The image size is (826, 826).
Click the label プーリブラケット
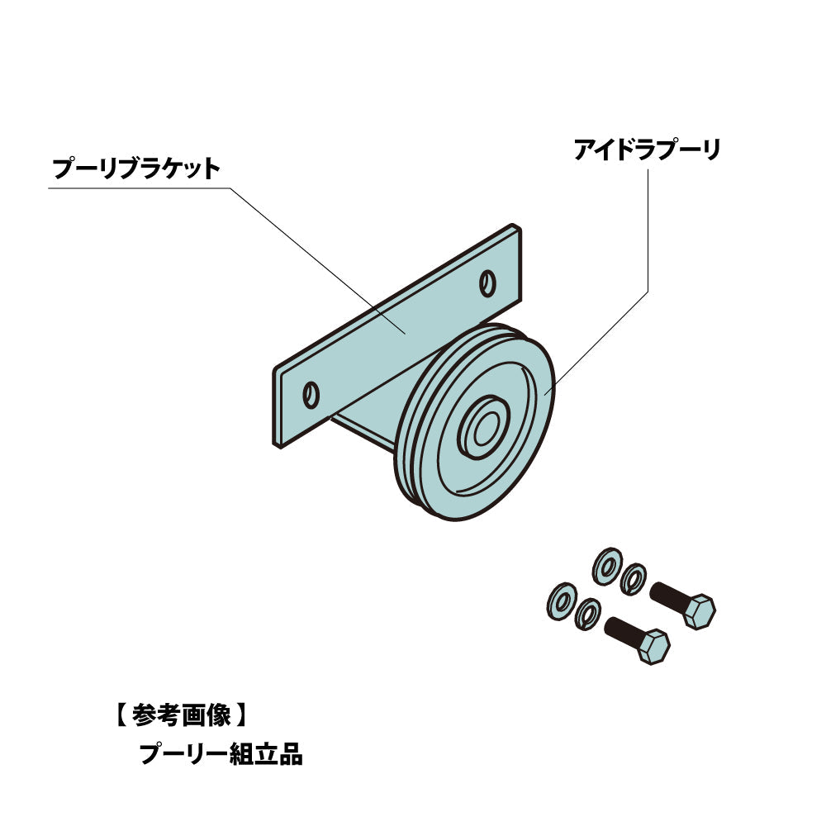[x=136, y=170]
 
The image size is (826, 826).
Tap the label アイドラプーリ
[x=647, y=150]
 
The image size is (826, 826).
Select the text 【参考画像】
[x=178, y=714]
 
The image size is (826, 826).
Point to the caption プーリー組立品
[x=221, y=753]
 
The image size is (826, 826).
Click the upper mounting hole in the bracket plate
[x=487, y=282]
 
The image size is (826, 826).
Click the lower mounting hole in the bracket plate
[x=311, y=396]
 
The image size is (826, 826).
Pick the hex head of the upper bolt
[x=701, y=612]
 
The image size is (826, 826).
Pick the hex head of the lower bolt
[x=654, y=647]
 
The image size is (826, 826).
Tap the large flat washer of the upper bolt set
[x=607, y=564]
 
